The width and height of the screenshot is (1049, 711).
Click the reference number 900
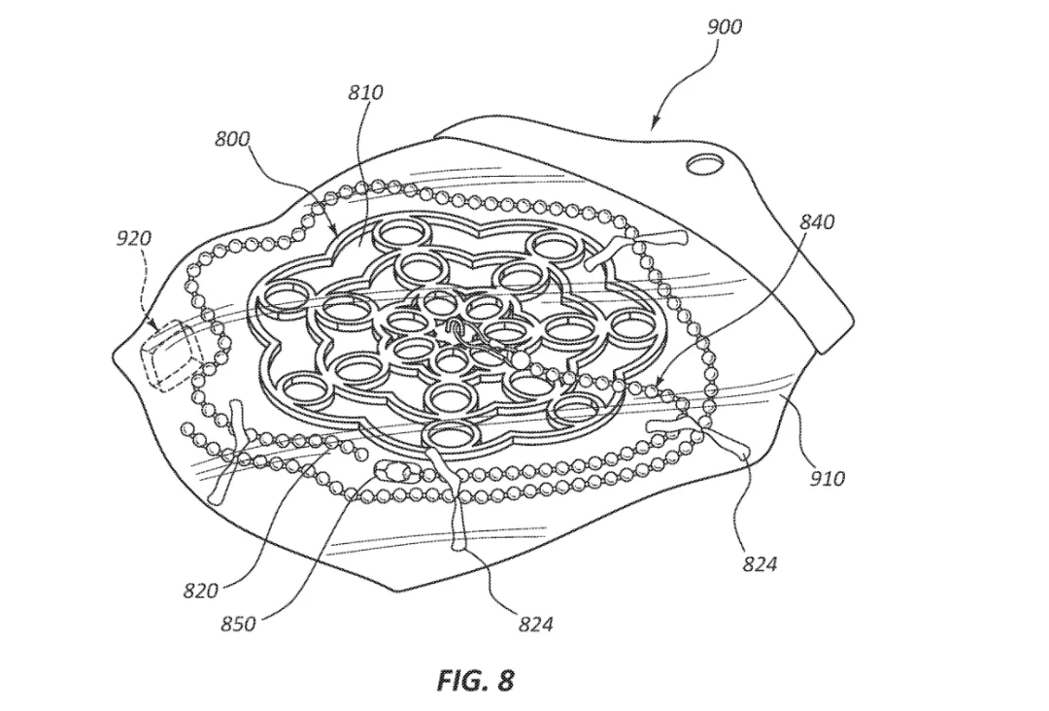724,27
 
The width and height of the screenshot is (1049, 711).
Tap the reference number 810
366,92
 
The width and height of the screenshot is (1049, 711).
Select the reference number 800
232,139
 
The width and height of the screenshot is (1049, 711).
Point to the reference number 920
134,237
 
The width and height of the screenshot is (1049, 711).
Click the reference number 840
817,221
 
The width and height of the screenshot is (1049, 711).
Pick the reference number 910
828,478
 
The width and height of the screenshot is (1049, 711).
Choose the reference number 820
201,591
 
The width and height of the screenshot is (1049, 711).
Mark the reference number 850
238,624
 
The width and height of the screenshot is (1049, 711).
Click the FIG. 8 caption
476,680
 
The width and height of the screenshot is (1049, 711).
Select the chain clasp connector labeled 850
393,473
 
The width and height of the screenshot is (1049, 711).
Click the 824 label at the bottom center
536,624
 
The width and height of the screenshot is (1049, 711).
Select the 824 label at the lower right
760,564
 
